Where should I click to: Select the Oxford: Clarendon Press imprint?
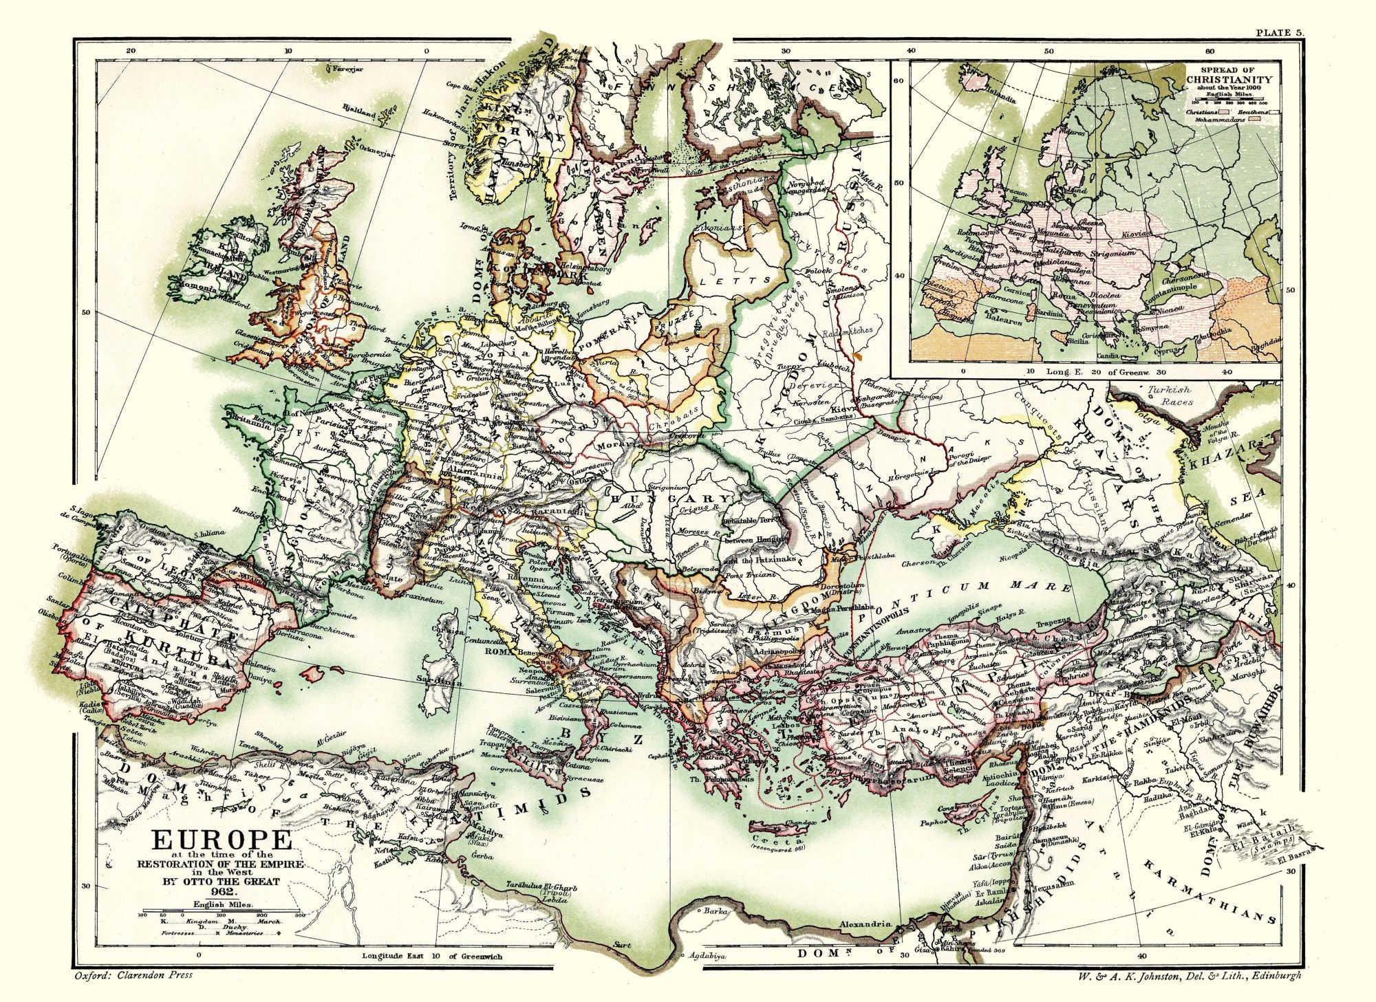tap(133, 974)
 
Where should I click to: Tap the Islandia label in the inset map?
tap(1001, 97)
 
